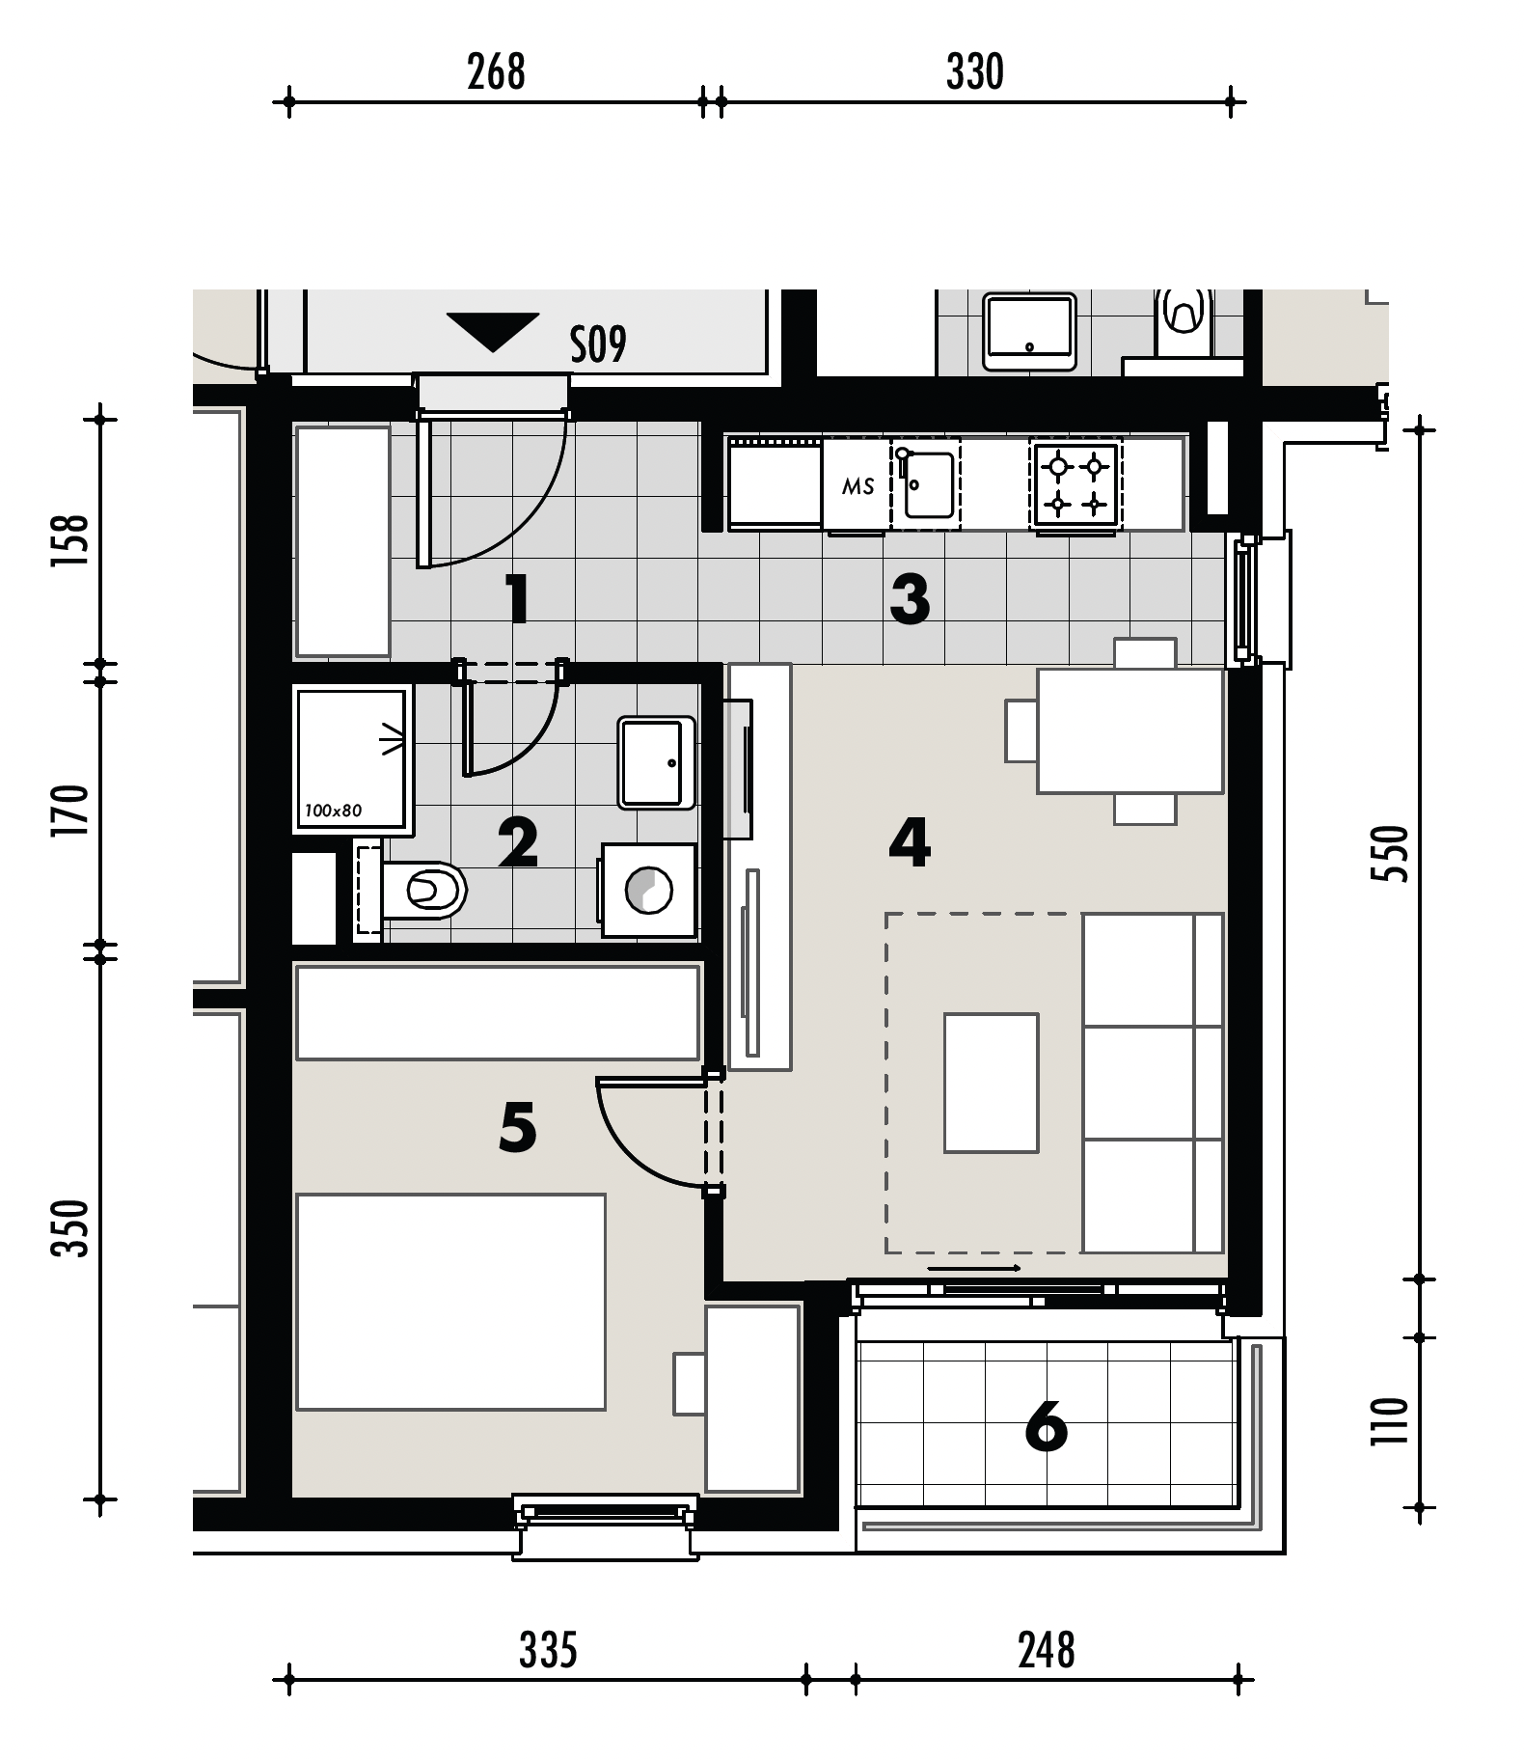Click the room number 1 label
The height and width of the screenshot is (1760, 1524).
click(518, 598)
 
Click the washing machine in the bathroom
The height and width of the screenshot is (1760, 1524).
click(649, 890)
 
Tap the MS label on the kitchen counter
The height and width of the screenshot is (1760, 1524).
click(857, 486)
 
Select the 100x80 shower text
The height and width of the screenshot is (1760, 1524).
click(333, 811)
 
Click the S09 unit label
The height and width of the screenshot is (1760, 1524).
click(598, 344)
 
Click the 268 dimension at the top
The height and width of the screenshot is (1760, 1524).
click(496, 72)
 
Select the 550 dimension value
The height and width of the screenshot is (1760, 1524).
click(1390, 853)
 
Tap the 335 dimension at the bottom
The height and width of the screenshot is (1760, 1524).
click(548, 1650)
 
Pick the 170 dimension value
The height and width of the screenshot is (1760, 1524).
click(71, 811)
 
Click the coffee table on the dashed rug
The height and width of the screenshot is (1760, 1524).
click(992, 1083)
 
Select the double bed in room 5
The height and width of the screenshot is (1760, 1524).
click(450, 1302)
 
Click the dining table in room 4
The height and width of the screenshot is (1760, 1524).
click(1130, 731)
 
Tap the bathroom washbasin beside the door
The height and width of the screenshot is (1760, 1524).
click(656, 762)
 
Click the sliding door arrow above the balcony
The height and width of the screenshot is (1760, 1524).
click(974, 1268)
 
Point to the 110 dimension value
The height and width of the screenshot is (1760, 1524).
click(1390, 1421)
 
